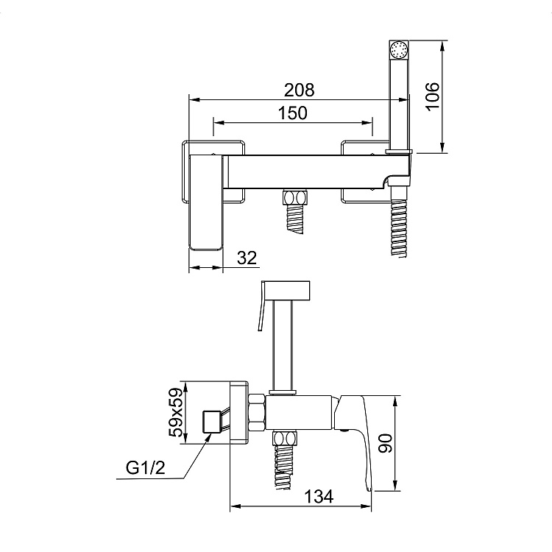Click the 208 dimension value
point(299,90)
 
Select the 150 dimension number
point(292,113)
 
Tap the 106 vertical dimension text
point(433,97)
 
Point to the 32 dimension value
point(247,258)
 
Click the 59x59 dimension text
point(177,413)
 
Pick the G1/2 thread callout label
point(146,468)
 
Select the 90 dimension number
point(385,443)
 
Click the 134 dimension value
point(318,497)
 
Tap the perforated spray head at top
point(398,49)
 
